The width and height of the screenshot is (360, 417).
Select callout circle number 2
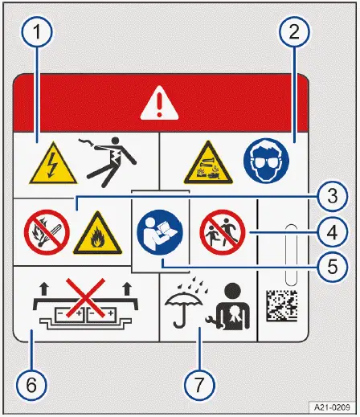(293, 35)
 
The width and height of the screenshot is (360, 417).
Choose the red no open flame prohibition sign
(39, 232)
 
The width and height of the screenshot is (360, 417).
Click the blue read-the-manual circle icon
(160, 231)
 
